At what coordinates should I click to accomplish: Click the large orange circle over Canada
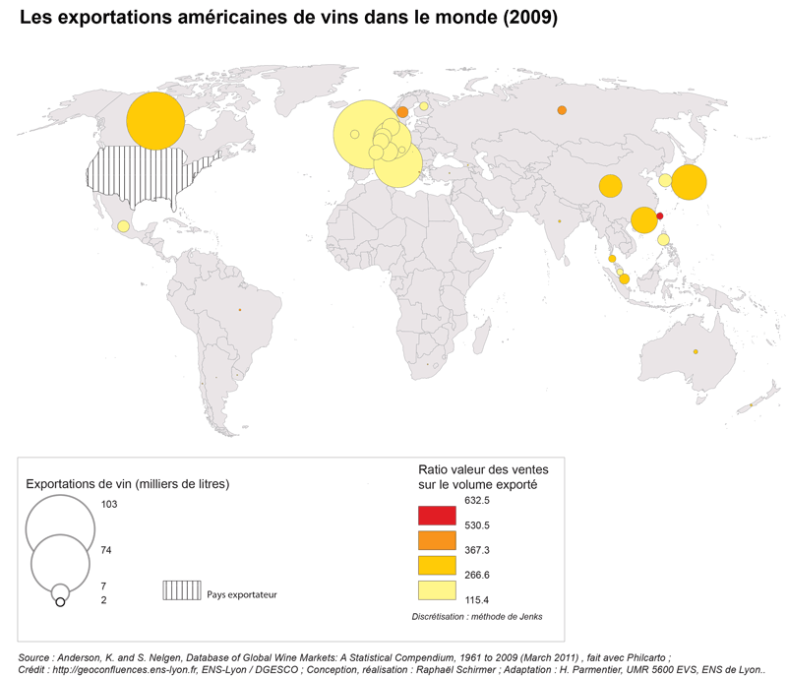(155, 121)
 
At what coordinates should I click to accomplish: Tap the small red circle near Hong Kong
(660, 216)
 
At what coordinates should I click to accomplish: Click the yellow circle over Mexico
(123, 226)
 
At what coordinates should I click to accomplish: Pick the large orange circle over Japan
(689, 183)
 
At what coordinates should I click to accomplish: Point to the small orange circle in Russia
(562, 110)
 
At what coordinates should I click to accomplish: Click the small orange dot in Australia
(696, 352)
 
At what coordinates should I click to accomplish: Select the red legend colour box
(436, 515)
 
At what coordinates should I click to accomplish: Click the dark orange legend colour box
(436, 539)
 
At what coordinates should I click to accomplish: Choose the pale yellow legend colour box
(436, 590)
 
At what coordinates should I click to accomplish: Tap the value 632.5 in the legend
(477, 501)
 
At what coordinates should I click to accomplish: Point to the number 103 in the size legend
(109, 504)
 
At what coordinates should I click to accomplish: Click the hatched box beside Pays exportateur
(180, 590)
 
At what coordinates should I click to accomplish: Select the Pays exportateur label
(242, 594)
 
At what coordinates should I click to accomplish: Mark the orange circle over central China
(610, 186)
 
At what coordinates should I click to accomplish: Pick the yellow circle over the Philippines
(663, 239)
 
